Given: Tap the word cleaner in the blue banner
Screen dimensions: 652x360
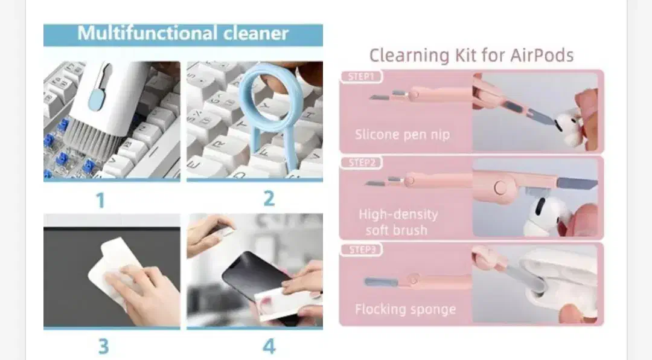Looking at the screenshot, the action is tap(256, 33).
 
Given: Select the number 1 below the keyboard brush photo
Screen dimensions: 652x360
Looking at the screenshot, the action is tap(100, 200).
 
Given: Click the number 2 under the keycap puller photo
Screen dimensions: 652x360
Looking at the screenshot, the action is tap(269, 199).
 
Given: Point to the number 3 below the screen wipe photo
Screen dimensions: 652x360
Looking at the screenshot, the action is tap(103, 346).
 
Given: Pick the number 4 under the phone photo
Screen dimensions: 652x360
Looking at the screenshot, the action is tap(269, 346).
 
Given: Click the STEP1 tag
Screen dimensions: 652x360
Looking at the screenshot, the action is tap(361, 77).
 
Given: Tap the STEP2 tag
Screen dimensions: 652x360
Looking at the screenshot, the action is tap(362, 162).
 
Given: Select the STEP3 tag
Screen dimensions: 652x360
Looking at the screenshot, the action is tap(362, 249).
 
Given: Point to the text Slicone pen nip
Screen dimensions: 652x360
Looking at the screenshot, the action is tap(402, 135).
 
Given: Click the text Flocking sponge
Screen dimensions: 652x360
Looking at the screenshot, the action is tap(406, 309).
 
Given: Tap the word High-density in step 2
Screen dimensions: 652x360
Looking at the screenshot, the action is tap(398, 214).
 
